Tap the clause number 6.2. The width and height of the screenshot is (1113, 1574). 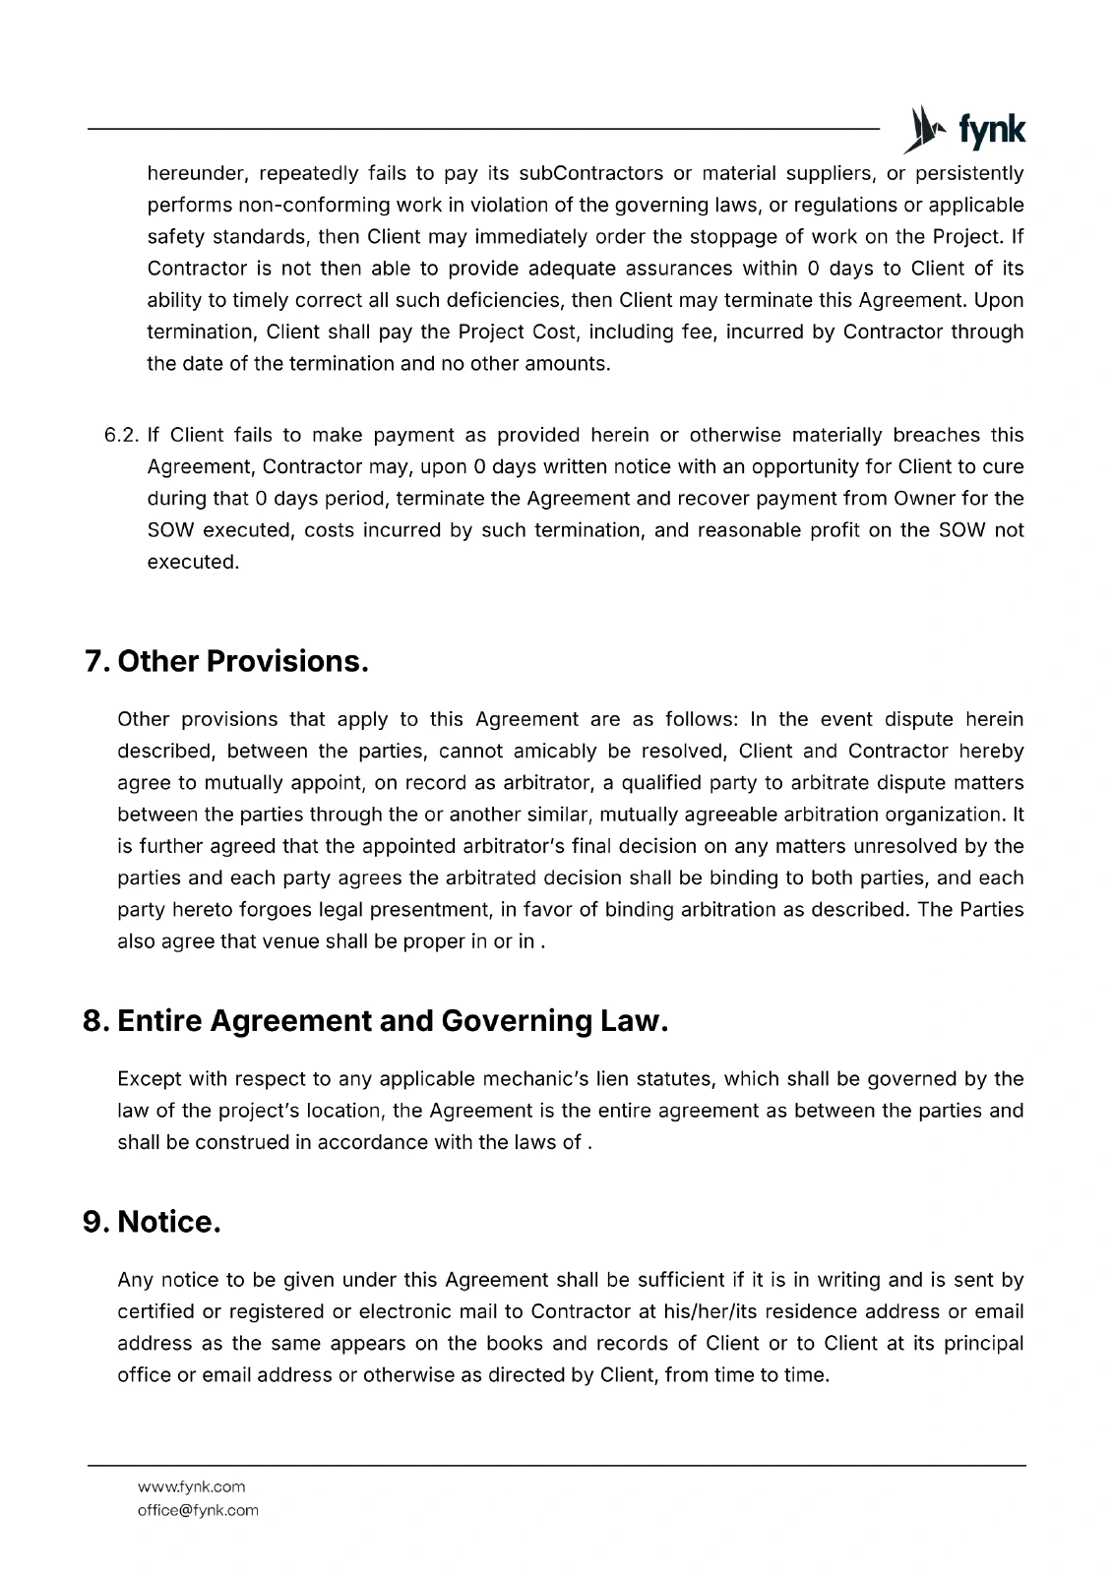click(x=122, y=436)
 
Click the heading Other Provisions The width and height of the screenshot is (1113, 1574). click(x=242, y=661)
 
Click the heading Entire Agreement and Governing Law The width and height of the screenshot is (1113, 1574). click(x=393, y=1021)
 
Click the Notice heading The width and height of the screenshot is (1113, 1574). click(x=168, y=1222)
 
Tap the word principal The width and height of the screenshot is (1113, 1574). click(x=983, y=1344)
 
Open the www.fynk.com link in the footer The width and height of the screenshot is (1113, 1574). click(x=191, y=1486)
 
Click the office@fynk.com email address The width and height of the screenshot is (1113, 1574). click(x=198, y=1510)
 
